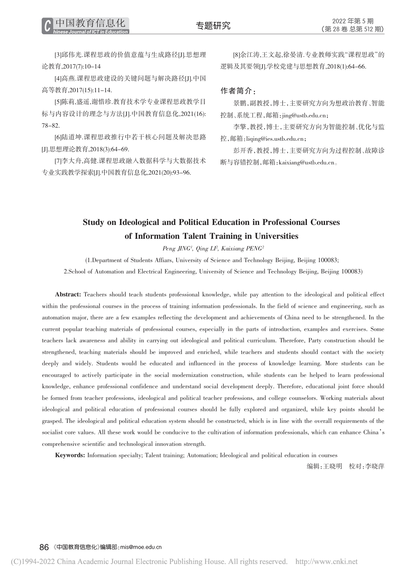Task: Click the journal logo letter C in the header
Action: [x=47, y=26]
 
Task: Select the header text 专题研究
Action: [x=213, y=26]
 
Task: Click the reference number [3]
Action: [x=58, y=55]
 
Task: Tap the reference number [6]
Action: [x=58, y=137]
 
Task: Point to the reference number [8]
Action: [x=236, y=55]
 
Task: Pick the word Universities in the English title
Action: [x=276, y=236]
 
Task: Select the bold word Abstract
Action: [x=68, y=295]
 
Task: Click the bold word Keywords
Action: [x=70, y=455]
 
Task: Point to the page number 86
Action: [x=44, y=547]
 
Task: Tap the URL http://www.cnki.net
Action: [x=326, y=562]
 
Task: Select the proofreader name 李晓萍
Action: [x=375, y=466]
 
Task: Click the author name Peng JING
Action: [x=176, y=249]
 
